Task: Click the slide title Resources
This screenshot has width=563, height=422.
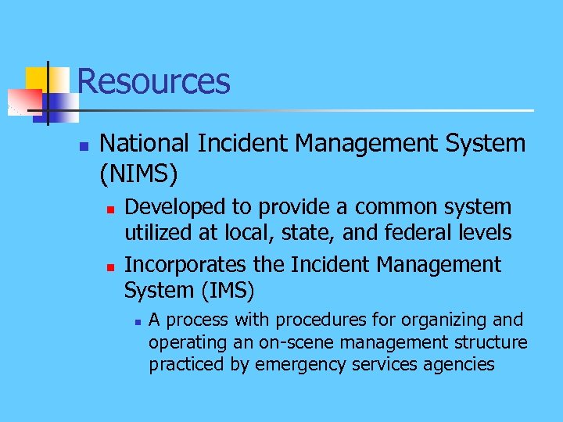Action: pos(153,81)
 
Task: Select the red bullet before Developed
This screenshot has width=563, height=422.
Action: pos(112,209)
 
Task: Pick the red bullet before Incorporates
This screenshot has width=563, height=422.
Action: pos(112,267)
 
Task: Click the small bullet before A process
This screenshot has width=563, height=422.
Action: pos(136,321)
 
